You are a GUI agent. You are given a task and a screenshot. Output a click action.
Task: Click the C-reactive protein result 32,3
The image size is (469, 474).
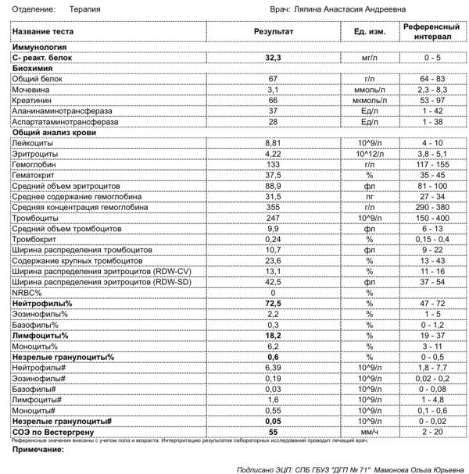point(273,59)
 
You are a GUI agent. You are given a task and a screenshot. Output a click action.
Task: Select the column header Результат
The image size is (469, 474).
point(273,31)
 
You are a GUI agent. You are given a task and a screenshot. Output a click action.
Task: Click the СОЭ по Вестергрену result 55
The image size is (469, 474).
point(273,431)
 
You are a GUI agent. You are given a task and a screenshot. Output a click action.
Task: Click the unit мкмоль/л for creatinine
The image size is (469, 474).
point(367,101)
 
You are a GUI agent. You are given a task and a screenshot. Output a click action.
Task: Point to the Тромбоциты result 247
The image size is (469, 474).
point(273,217)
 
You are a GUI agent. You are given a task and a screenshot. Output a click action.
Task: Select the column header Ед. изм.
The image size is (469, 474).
point(367,31)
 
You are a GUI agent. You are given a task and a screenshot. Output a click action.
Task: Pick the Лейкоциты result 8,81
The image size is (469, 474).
point(273,143)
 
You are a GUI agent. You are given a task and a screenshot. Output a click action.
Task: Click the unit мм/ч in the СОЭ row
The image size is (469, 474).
point(367,431)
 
